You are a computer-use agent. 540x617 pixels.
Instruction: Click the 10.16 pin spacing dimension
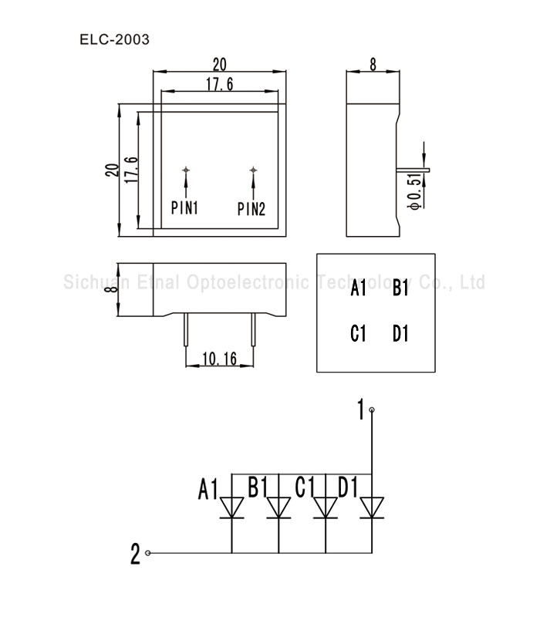coord(219,359)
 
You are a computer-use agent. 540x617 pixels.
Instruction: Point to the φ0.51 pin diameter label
coord(414,191)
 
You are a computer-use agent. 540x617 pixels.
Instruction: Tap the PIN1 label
coord(185,207)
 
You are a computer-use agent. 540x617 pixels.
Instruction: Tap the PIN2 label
coord(251,207)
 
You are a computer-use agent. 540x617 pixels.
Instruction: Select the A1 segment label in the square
coord(358,289)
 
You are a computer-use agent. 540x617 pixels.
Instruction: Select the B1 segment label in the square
coord(400,289)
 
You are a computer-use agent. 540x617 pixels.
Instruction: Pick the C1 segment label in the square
coord(358,334)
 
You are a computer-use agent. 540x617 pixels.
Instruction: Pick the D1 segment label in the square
coord(400,334)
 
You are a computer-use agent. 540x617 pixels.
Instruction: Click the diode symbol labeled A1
coord(232,507)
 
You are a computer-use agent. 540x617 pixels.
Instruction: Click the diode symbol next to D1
coord(372,507)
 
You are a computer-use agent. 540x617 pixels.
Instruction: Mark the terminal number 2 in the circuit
coord(136,554)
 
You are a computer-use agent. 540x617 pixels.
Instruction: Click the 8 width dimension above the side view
coord(373,66)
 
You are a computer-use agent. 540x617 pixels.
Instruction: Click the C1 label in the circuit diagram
coord(305,487)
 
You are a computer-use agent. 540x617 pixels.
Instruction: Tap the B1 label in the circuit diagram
coord(258,487)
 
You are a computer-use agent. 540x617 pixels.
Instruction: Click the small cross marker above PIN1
coord(186,170)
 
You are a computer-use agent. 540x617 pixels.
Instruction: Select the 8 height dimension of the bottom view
coord(110,288)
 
